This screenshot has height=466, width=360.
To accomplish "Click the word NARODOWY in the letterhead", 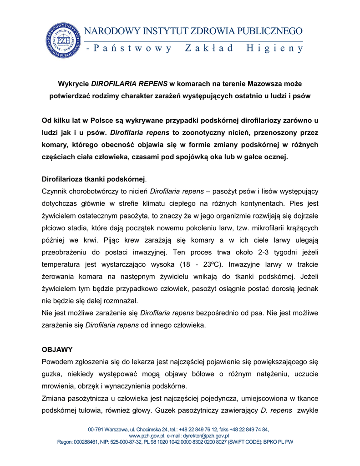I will (111, 31).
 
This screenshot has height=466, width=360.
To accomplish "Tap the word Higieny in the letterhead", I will (274, 49).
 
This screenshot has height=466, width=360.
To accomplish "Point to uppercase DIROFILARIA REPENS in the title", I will (130, 84).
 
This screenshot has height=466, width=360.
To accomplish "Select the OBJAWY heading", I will (57, 350).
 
